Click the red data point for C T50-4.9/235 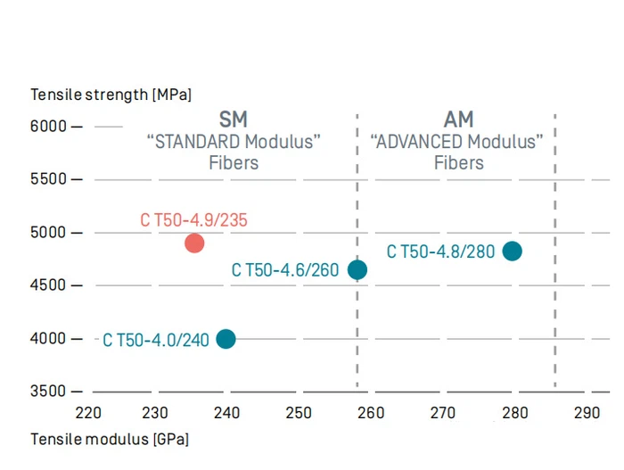click(x=194, y=243)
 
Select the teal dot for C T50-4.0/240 click(x=226, y=339)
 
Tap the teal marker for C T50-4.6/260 click(x=357, y=269)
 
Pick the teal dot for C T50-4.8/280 click(x=512, y=251)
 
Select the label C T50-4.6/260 click(x=285, y=269)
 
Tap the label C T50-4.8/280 click(x=440, y=251)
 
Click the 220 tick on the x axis click(x=88, y=413)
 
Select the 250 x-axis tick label click(x=299, y=413)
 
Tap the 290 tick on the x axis click(x=587, y=413)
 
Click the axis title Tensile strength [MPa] click(x=111, y=95)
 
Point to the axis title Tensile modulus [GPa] click(x=110, y=439)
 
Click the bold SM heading click(x=234, y=119)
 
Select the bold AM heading click(x=458, y=119)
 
